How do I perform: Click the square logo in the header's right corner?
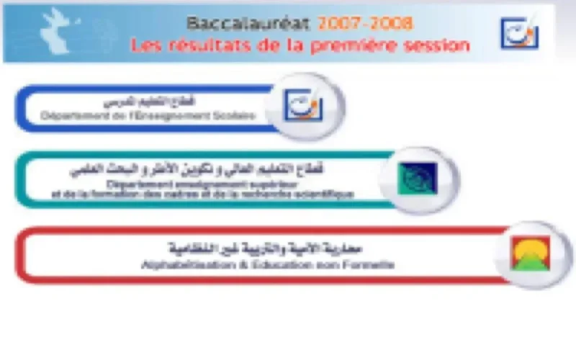click(519, 33)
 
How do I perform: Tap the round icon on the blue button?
click(305, 107)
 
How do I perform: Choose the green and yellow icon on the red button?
click(530, 254)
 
